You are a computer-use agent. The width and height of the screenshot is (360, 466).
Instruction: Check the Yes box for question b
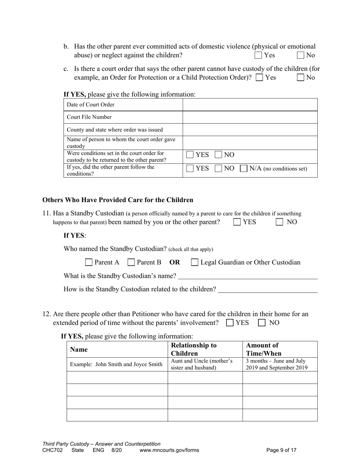[258, 55]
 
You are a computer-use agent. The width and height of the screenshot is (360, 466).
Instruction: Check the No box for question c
[301, 78]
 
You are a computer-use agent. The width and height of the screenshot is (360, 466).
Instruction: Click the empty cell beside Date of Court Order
[250, 105]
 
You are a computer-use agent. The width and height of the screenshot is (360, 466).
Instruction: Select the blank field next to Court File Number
[250, 117]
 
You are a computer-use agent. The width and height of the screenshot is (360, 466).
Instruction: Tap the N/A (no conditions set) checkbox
[244, 169]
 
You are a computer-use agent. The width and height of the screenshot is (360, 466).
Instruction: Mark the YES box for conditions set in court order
[190, 155]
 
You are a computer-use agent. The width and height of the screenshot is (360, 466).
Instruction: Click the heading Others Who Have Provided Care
[117, 200]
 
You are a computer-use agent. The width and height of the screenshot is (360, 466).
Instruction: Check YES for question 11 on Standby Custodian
[237, 222]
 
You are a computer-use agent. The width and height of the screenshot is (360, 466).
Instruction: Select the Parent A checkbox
[89, 262]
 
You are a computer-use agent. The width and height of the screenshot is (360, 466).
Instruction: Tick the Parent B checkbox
[131, 262]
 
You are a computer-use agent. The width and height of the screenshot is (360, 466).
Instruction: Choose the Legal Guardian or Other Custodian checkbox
[194, 262]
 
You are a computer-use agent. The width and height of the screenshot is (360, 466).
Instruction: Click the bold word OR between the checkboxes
[175, 262]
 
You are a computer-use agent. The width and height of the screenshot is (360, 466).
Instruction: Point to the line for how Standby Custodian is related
[268, 289]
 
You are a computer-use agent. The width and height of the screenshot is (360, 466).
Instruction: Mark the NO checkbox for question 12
[262, 323]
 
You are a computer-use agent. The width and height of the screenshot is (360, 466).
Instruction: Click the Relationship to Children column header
[194, 349]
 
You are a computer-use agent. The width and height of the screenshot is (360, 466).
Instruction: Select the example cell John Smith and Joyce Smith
[116, 364]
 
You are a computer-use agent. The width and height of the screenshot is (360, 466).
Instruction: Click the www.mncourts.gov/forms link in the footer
[169, 450]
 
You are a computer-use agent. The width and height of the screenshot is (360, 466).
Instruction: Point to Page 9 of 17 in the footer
[281, 450]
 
